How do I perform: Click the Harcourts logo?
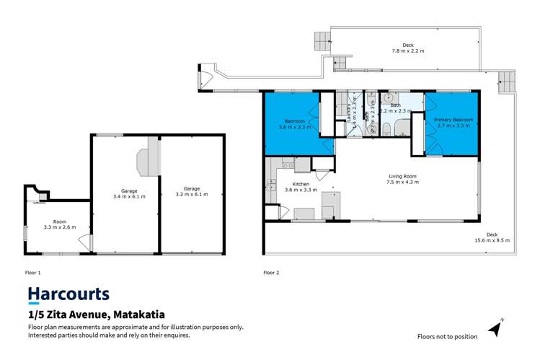[x=68, y=294]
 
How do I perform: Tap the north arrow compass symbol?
[x=495, y=328]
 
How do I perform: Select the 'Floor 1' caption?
[x=34, y=273]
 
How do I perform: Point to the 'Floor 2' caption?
[x=271, y=273]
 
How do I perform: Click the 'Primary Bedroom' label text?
[x=453, y=122]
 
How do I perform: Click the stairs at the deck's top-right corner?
[x=508, y=82]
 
